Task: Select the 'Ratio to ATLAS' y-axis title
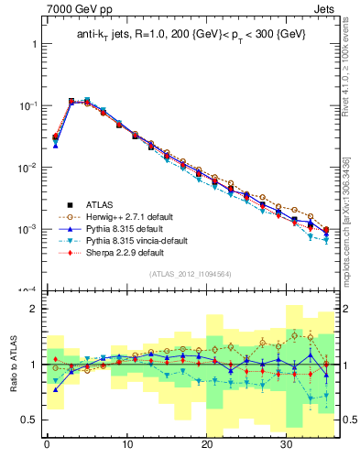tap(12, 365)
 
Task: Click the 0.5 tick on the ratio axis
tap(31, 420)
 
